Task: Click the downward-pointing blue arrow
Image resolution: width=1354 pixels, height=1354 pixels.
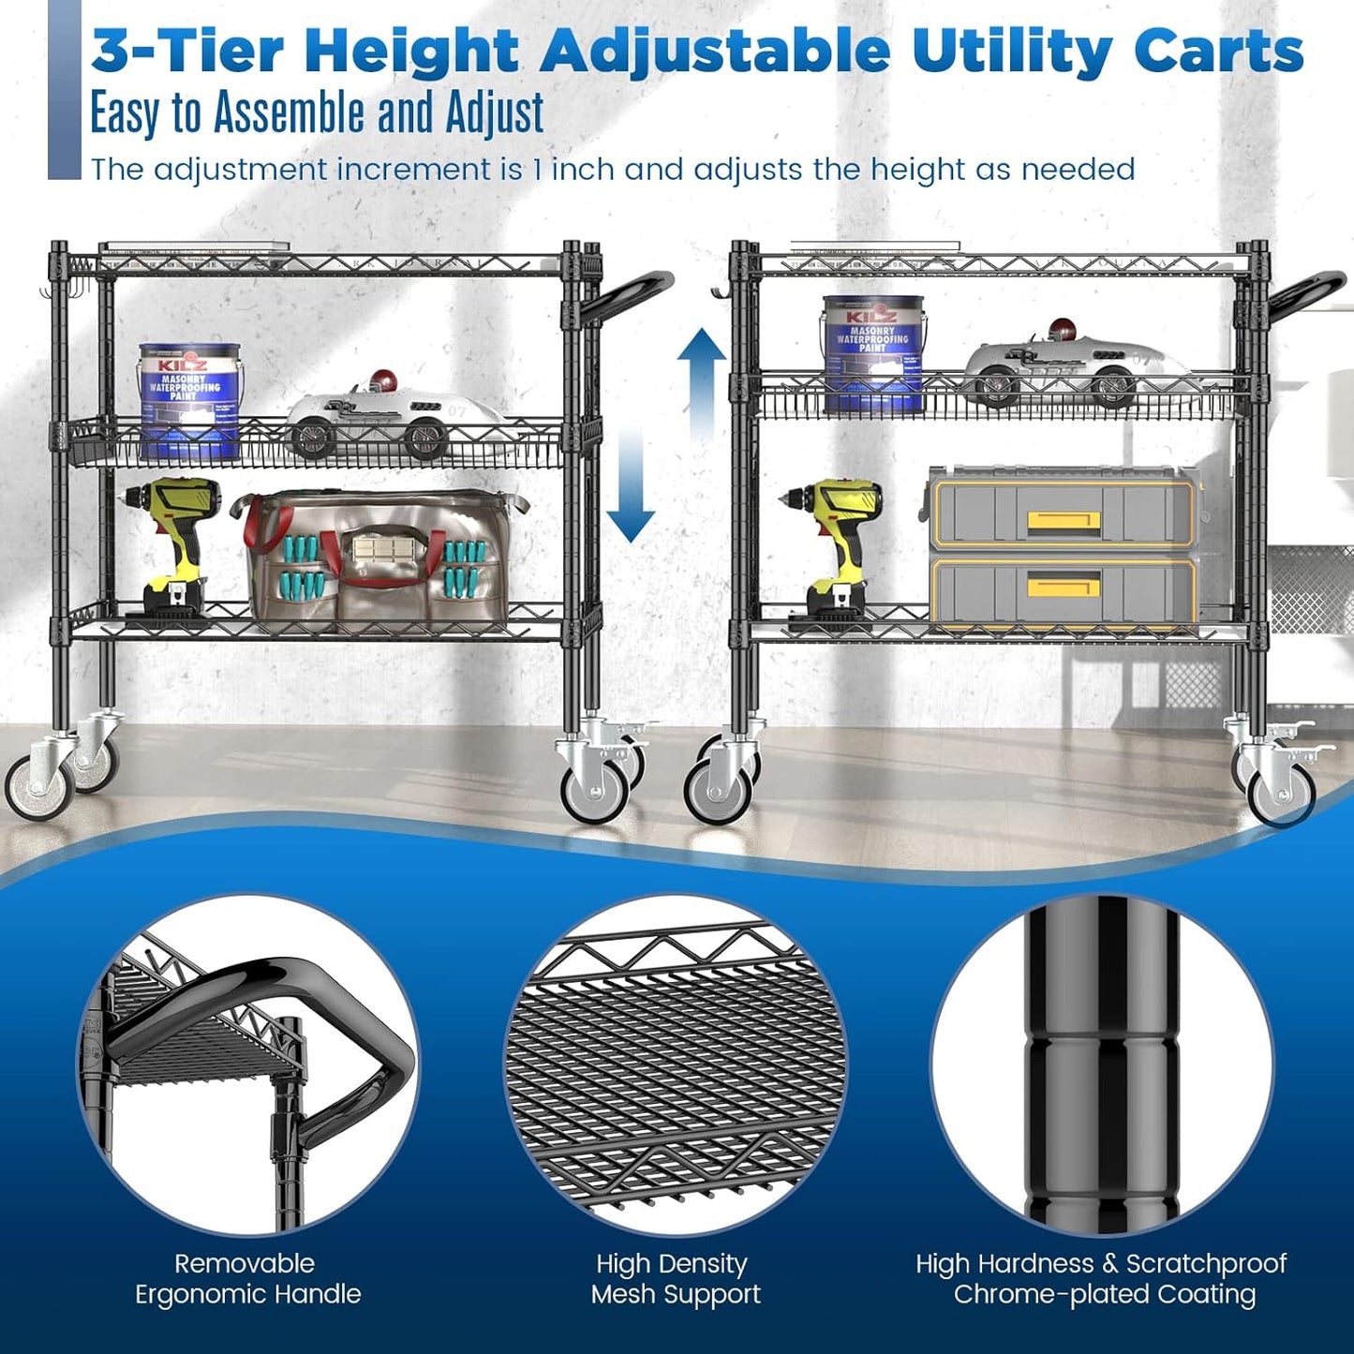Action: pos(630,497)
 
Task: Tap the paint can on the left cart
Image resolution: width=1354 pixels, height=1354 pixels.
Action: pos(190,400)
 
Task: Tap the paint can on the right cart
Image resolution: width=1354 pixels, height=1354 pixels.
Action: pos(873,354)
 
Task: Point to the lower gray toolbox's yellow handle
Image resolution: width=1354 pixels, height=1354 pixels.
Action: pos(1064,587)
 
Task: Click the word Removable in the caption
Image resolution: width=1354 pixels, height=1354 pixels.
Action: pos(245,1263)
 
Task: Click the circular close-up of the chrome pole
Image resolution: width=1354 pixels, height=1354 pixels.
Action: pos(1102,1064)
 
